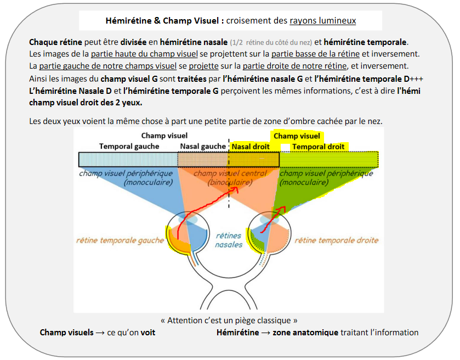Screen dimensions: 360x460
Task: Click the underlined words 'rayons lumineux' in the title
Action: [323, 21]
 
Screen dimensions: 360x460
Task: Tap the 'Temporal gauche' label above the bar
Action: [129, 147]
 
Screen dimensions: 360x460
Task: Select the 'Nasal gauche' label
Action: [202, 147]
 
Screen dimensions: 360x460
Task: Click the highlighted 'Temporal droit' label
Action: [318, 147]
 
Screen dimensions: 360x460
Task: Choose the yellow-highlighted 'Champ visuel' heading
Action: [297, 136]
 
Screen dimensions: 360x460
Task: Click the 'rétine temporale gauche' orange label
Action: [120, 240]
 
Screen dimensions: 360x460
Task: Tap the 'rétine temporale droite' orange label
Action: [337, 240]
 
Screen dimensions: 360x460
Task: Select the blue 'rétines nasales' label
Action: [229, 240]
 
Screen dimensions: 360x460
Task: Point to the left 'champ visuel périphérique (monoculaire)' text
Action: [126, 177]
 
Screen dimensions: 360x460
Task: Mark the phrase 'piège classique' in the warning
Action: [269, 320]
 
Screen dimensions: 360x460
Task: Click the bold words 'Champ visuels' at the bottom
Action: [66, 333]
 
